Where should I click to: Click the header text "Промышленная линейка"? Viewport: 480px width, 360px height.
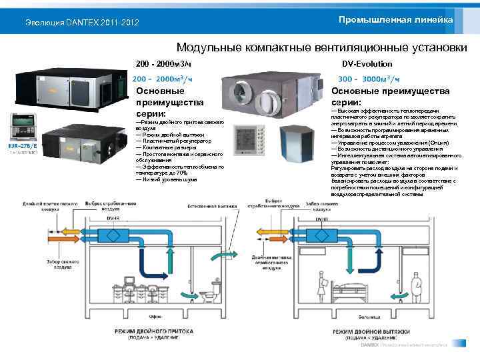(x=395, y=21)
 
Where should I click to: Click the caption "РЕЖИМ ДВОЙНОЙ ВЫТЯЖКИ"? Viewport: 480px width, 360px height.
(x=370, y=331)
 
